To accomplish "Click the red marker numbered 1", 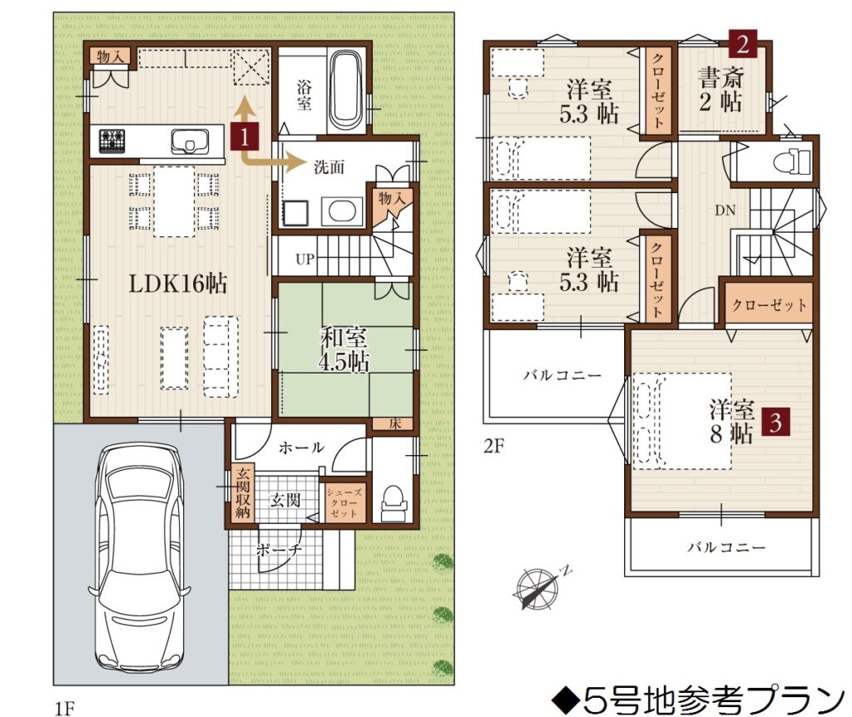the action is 245,136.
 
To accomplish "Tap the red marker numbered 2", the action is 742,43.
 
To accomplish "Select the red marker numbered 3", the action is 775,422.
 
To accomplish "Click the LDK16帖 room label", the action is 178,284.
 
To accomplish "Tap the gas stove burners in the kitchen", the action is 112,141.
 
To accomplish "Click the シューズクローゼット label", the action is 344,502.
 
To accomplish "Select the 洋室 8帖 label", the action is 731,422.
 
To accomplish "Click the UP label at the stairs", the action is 305,259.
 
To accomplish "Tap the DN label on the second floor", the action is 726,210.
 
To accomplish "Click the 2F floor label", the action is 494,446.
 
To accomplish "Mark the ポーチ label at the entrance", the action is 279,550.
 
